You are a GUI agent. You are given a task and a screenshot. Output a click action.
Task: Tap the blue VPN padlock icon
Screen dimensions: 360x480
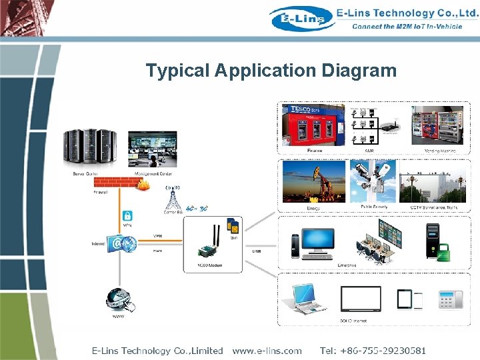[x=126, y=217]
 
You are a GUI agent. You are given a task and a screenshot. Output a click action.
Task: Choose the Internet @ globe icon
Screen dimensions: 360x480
[x=121, y=244]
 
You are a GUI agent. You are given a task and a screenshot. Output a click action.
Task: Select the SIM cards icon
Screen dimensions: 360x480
[x=233, y=226]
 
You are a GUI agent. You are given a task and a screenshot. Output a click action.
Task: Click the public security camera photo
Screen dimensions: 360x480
[x=376, y=181]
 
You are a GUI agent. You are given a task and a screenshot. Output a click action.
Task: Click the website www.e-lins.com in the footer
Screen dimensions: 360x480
[x=267, y=350]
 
